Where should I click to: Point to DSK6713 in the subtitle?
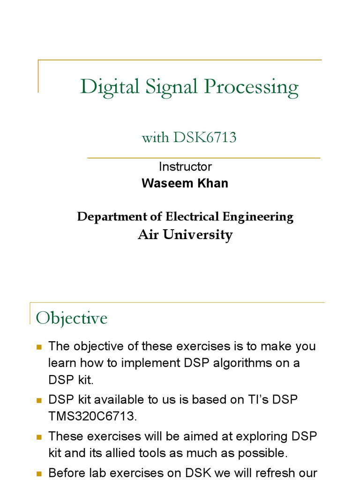point(205,137)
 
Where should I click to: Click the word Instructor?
point(185,166)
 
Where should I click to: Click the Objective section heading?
point(72,318)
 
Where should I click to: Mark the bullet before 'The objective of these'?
point(39,347)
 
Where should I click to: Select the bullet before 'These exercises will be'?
point(39,437)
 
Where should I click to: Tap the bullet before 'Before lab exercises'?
point(39,473)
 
